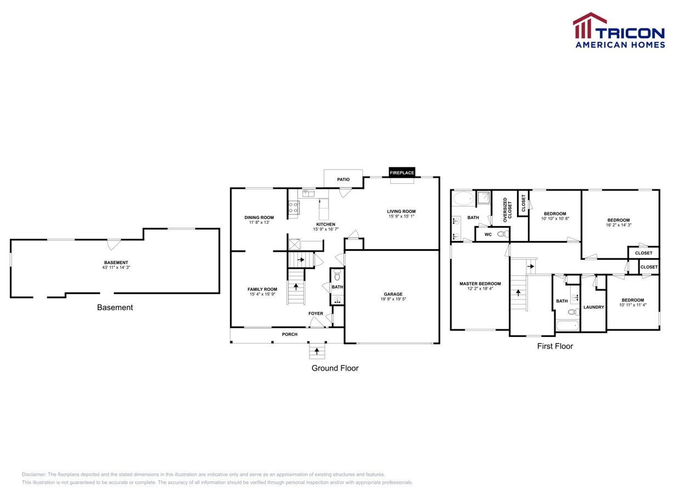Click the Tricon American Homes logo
point(619,31)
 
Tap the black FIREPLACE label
point(402,172)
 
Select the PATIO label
point(343,179)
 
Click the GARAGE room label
point(392,294)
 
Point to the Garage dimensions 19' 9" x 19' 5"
point(392,299)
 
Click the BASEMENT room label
point(116,262)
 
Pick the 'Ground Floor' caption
point(335,368)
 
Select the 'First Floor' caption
point(555,346)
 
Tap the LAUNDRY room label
point(593,307)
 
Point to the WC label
point(488,234)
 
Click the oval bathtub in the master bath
point(463,198)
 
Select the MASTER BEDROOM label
point(480,284)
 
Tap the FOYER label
point(316,313)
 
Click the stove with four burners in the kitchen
point(294,207)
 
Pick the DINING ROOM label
point(259,217)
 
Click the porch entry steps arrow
point(317,350)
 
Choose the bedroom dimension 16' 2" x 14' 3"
point(618,225)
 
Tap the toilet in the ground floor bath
point(337,274)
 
